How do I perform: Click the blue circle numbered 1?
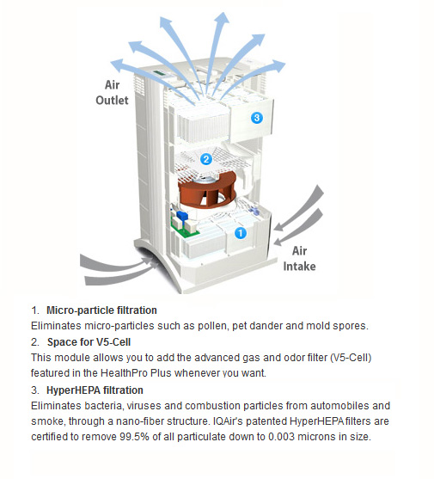click(x=241, y=233)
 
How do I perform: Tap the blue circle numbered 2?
click(x=206, y=159)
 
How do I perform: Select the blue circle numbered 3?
click(x=257, y=118)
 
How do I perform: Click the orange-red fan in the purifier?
click(x=207, y=190)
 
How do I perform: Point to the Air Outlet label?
click(x=112, y=93)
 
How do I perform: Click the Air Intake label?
click(x=299, y=259)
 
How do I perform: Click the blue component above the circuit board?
click(x=182, y=215)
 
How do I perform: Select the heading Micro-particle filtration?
click(x=101, y=310)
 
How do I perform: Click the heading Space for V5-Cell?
click(x=89, y=342)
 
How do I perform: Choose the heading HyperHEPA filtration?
click(x=95, y=390)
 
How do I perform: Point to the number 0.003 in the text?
click(x=281, y=437)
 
